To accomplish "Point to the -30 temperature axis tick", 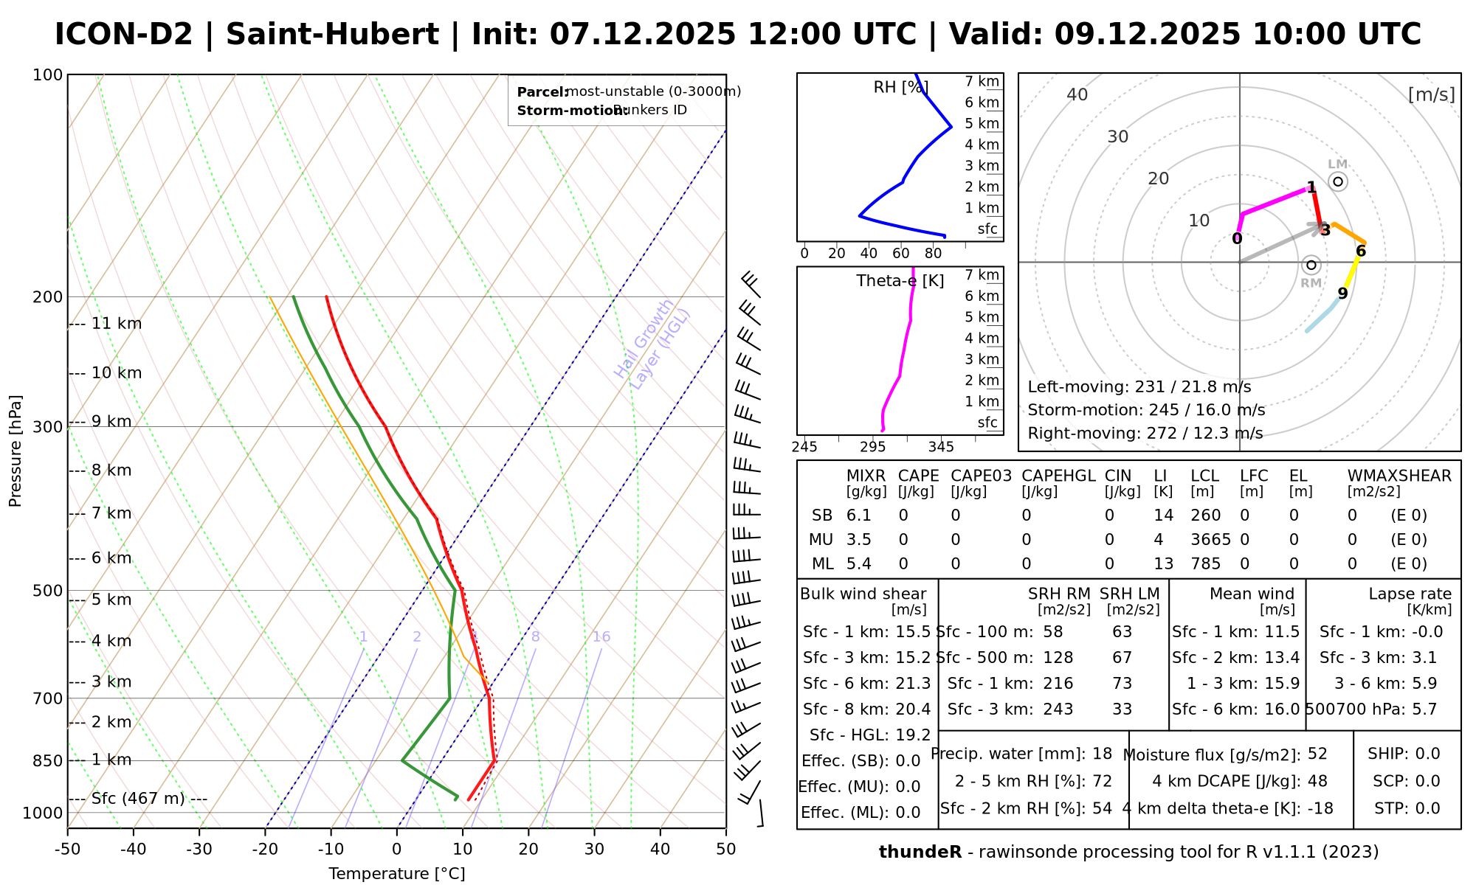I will click(x=199, y=850).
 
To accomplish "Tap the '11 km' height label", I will click(x=116, y=324).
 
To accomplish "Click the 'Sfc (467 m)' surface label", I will click(x=138, y=799).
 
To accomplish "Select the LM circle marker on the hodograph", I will click(x=1338, y=181).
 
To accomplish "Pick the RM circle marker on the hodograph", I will click(x=1311, y=265).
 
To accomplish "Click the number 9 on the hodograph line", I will click(x=1342, y=294).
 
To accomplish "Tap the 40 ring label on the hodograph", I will click(x=1077, y=94).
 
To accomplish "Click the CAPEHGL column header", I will click(x=1058, y=476).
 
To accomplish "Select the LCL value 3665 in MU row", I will click(x=1210, y=540).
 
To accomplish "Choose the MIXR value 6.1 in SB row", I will click(x=858, y=516).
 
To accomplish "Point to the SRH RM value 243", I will click(x=1058, y=709).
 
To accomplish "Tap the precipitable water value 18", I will click(x=1102, y=754).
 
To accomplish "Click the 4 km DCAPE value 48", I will click(x=1317, y=781).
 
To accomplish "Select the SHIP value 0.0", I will click(x=1427, y=754).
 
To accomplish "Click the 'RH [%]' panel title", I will click(x=899, y=88).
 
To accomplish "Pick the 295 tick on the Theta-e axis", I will click(x=872, y=447).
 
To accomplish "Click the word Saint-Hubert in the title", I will click(x=332, y=35).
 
